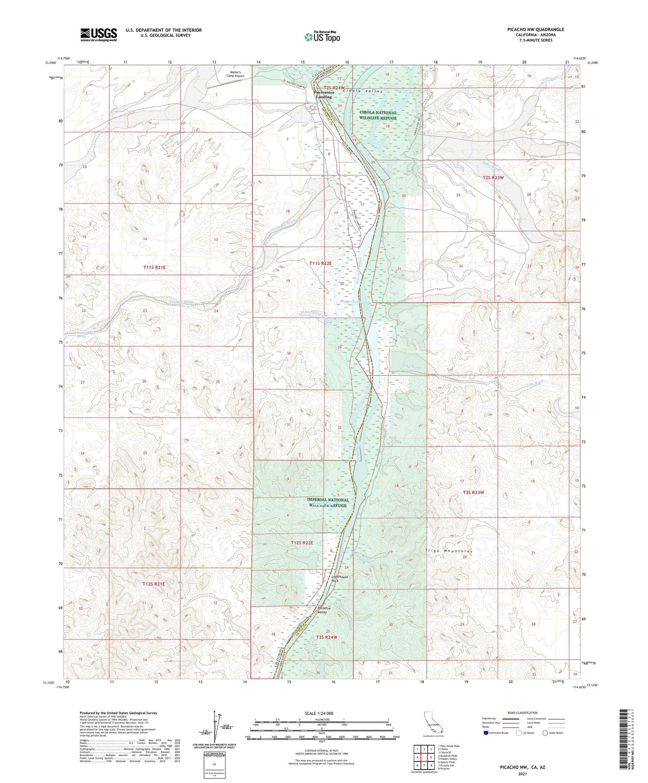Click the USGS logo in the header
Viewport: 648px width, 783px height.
pos(99,34)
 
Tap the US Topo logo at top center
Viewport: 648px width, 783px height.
pos(322,37)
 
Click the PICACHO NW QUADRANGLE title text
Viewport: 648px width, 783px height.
pos(535,30)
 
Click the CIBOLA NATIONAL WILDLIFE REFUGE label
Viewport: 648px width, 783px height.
pos(378,115)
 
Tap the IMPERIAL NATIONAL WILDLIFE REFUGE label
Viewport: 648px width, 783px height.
pos(327,503)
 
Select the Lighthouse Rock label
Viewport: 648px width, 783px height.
pos(339,579)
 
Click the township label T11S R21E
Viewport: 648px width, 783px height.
pos(154,267)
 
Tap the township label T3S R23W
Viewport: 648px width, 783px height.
pos(474,492)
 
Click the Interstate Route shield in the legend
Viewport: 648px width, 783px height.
pos(486,733)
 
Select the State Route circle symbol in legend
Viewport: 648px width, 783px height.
pos(545,733)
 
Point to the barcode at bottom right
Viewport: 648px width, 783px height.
pos(622,739)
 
